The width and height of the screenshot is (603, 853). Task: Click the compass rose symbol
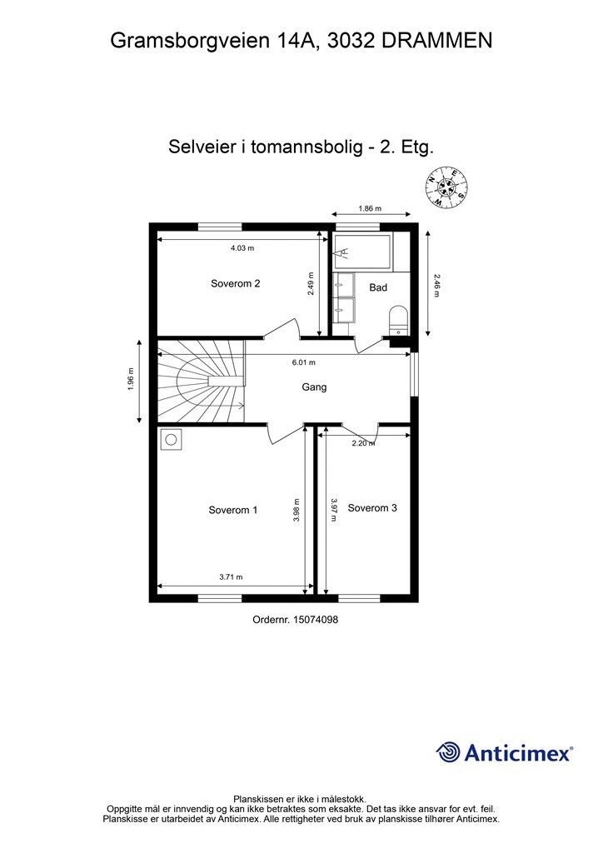(x=446, y=187)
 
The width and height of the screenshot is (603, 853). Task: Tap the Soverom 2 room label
(x=235, y=283)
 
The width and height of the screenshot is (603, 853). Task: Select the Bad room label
(x=378, y=287)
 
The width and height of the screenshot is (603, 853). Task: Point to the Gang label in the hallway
(x=314, y=387)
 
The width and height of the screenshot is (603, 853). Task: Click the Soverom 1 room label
(x=232, y=510)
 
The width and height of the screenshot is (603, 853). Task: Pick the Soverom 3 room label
(x=372, y=507)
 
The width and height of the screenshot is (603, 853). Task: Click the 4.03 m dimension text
(x=242, y=248)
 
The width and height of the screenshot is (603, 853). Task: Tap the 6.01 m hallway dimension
(x=303, y=362)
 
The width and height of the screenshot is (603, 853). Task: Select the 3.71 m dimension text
(x=231, y=576)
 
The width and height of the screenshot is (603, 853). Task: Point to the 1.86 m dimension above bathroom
(x=370, y=209)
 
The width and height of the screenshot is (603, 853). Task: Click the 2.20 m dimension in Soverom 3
(x=363, y=443)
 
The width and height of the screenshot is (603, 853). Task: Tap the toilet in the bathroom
(x=398, y=319)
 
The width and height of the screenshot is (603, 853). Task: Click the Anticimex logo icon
(x=448, y=752)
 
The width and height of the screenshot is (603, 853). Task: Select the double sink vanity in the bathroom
(x=343, y=297)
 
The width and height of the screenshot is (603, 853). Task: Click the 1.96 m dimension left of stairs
(x=132, y=382)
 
